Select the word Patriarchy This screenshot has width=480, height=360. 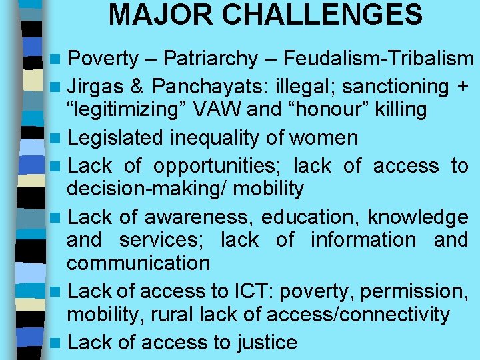(x=210, y=59)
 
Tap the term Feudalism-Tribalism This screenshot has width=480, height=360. (x=379, y=59)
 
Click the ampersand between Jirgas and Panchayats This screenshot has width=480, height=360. (x=141, y=86)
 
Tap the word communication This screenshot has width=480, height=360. (x=138, y=263)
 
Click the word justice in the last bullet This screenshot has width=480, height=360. (x=266, y=342)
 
